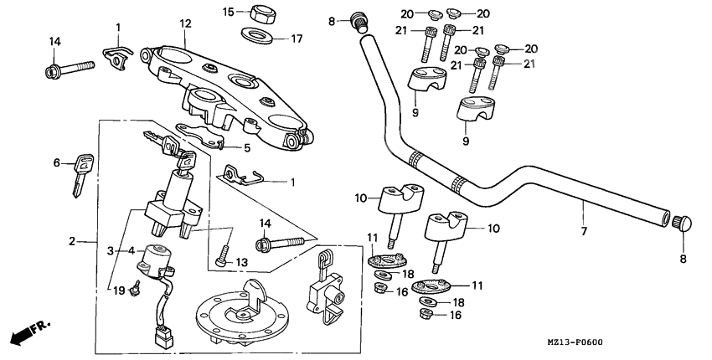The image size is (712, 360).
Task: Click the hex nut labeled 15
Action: tap(256, 14)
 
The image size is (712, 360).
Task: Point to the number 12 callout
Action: tap(183, 23)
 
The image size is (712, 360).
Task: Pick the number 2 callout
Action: tap(73, 242)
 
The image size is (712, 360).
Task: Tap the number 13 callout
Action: tap(241, 262)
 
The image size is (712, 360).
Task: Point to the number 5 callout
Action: tap(246, 149)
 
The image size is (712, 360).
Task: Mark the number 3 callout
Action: tap(110, 249)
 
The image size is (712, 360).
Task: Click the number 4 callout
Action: tap(130, 249)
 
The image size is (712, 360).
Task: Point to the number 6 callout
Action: tap(57, 163)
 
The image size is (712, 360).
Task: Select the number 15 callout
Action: tap(228, 12)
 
